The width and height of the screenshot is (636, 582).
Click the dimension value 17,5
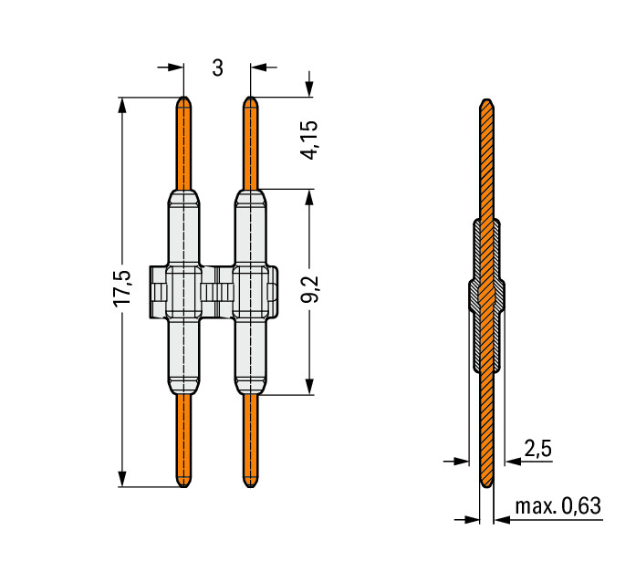pyautogui.click(x=122, y=288)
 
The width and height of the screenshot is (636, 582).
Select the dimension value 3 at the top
pyautogui.click(x=218, y=68)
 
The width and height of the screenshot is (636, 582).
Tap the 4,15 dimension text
pyautogui.click(x=309, y=140)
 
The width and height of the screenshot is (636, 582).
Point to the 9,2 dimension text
pyautogui.click(x=309, y=290)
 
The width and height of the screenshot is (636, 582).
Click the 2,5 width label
pyautogui.click(x=537, y=450)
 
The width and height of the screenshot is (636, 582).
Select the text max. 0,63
pyautogui.click(x=558, y=506)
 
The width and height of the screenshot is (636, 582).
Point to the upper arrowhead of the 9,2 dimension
pyautogui.click(x=309, y=197)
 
